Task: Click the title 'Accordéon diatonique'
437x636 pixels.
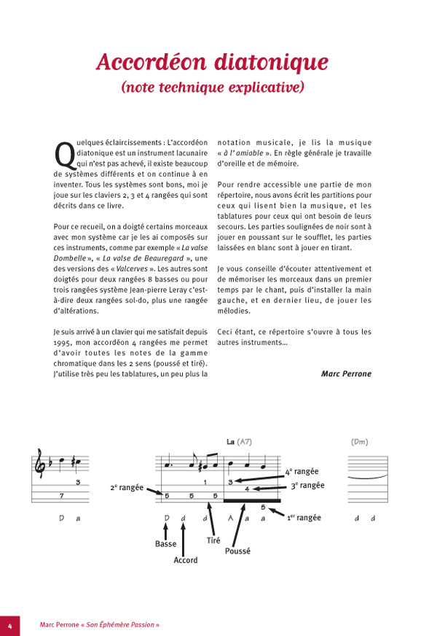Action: (212, 61)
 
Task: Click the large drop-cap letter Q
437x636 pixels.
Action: (63, 154)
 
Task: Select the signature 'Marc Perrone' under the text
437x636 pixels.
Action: (346, 373)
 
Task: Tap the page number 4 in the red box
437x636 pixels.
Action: (10, 625)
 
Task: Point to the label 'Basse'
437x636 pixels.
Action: (166, 544)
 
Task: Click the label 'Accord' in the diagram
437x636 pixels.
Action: (185, 560)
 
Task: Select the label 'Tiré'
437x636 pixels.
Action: (213, 540)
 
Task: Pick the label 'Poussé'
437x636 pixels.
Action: (237, 551)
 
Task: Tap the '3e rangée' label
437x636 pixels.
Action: (307, 486)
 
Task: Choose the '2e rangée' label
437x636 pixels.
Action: (126, 486)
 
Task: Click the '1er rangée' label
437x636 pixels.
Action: (303, 517)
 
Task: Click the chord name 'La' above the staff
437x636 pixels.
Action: (230, 442)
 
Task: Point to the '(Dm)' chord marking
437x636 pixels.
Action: (359, 442)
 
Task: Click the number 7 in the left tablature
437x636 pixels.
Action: (61, 496)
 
